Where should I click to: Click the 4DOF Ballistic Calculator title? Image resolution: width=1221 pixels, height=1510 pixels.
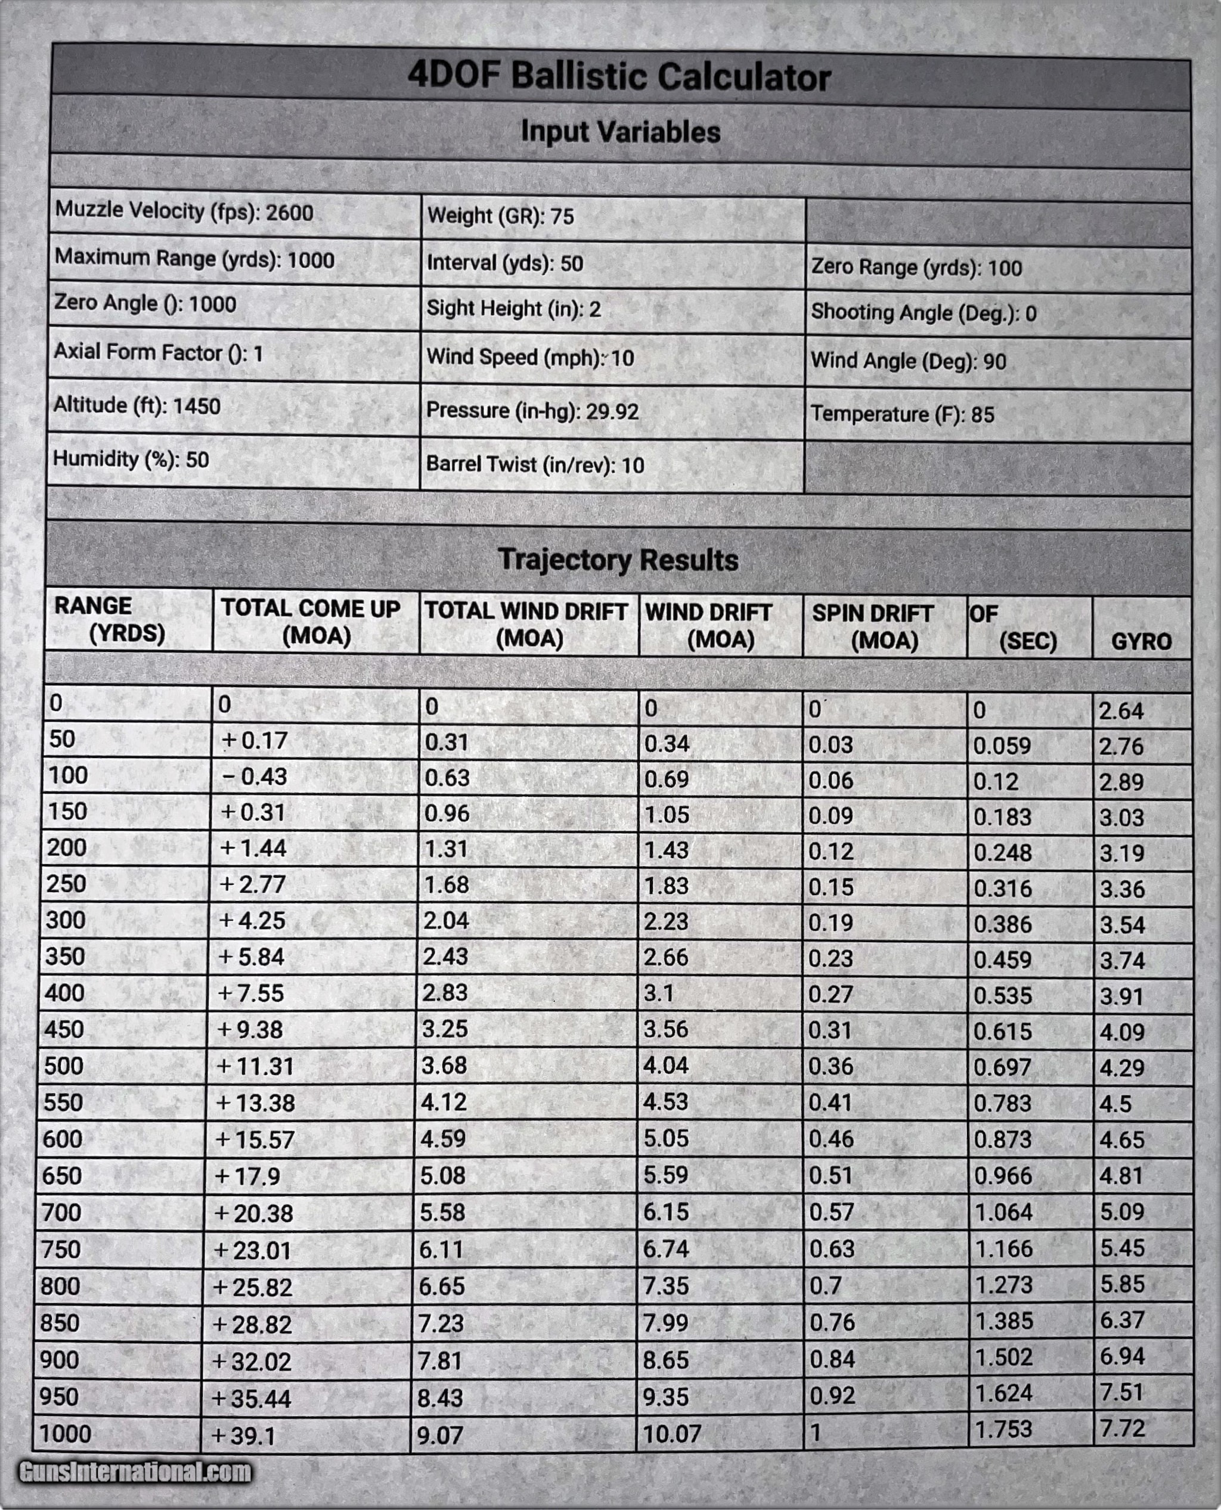pos(619,76)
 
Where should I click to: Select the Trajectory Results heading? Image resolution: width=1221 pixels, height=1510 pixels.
pos(618,560)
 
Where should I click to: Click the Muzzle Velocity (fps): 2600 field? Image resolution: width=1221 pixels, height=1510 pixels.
pos(184,211)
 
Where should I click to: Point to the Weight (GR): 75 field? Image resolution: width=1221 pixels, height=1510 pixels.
pos(501,216)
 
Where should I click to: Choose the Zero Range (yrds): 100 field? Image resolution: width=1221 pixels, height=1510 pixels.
pos(916,267)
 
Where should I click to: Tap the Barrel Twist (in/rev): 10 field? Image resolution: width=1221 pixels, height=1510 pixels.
pos(535,465)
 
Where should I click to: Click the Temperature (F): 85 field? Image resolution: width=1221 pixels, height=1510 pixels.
pos(903,414)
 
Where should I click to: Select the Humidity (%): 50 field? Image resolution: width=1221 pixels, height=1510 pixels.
pos(131,459)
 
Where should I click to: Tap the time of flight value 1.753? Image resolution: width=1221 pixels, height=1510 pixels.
pos(1003,1429)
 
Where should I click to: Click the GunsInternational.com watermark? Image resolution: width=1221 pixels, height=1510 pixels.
pos(135,1471)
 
